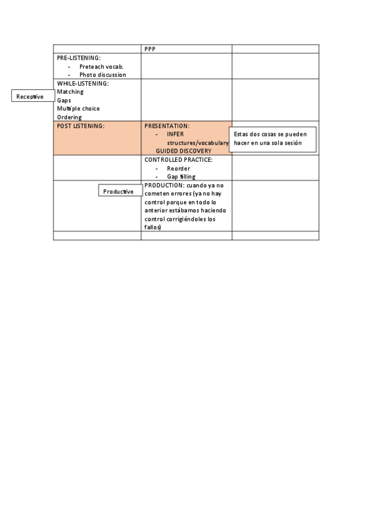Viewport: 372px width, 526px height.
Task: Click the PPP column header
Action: tap(150, 49)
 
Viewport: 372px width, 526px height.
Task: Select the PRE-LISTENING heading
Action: tap(79, 58)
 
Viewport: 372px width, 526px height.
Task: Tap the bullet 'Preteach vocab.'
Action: tap(102, 66)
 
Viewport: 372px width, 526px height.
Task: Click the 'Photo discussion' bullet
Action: tap(102, 75)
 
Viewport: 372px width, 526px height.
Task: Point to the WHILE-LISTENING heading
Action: tap(83, 83)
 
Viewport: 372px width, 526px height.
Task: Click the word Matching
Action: tap(70, 92)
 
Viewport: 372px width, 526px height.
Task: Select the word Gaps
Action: tap(64, 100)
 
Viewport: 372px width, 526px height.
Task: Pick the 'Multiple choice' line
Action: tap(78, 109)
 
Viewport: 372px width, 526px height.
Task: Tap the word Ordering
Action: tap(70, 117)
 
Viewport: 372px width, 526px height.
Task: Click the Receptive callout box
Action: tap(30, 96)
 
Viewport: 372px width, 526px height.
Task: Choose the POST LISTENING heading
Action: tap(81, 126)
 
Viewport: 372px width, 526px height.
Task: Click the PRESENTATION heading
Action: tap(166, 126)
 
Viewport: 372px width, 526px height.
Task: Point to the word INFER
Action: tap(175, 134)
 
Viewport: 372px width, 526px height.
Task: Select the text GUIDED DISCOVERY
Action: tap(183, 151)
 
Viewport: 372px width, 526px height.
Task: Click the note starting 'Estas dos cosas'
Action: tap(273, 138)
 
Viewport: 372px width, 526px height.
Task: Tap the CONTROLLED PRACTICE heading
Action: tap(178, 159)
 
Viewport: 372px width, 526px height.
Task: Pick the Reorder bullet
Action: tap(178, 168)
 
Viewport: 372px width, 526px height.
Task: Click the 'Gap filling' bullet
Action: tap(181, 177)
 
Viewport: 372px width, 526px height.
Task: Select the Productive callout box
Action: tap(119, 191)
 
